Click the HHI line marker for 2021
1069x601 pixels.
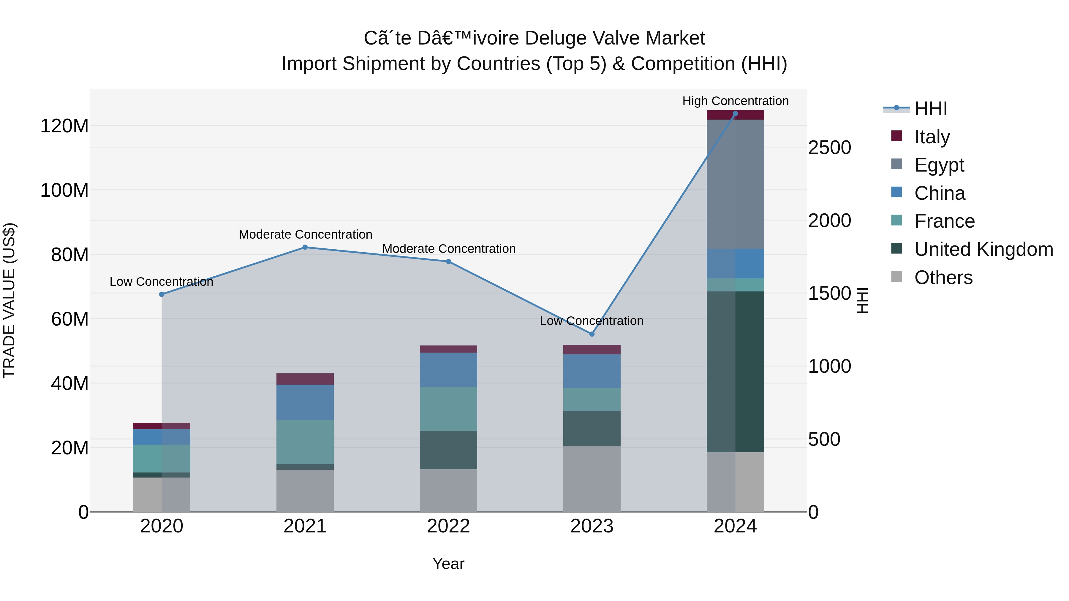tap(305, 247)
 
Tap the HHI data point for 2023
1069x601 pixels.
tap(592, 334)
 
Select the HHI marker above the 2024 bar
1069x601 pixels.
tap(735, 114)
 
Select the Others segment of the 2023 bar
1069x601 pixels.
tap(592, 479)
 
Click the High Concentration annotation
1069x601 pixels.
tap(735, 101)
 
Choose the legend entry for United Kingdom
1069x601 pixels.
tap(983, 249)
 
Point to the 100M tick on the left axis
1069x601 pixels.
tap(64, 190)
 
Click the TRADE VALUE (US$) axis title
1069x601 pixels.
tap(9, 300)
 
